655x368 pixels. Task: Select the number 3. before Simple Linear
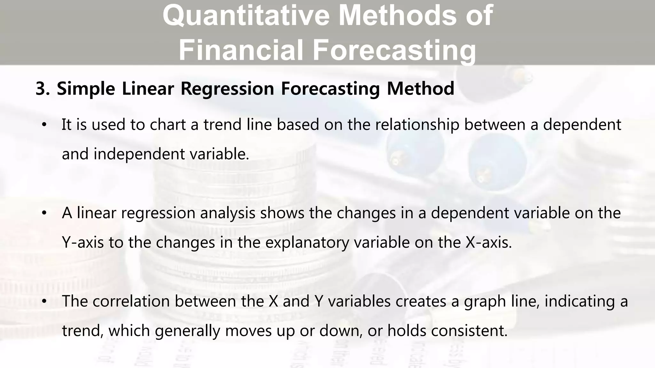[x=42, y=89]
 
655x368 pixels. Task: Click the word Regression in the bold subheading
[x=227, y=89]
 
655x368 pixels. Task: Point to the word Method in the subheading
[x=420, y=89]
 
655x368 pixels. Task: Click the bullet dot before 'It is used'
[x=44, y=125]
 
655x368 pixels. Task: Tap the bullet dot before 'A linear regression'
[x=44, y=213]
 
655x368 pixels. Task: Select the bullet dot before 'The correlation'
[x=44, y=301]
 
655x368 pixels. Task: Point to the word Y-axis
[x=83, y=242]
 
